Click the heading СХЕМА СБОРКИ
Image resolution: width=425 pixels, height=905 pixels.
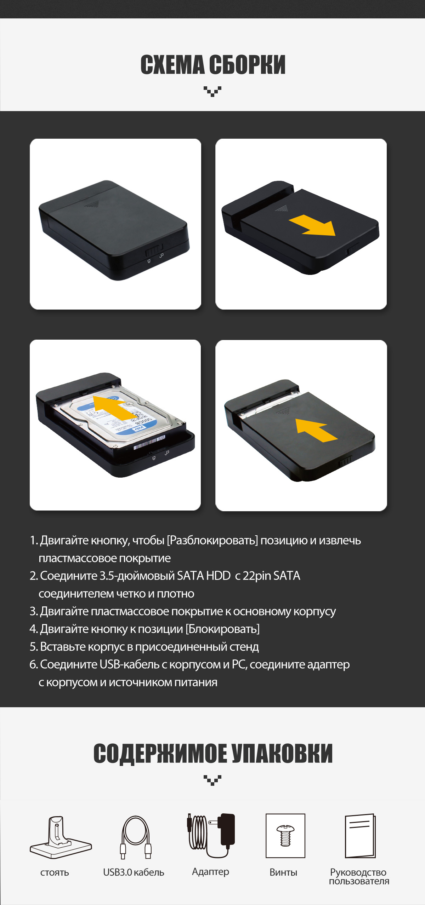[213, 65]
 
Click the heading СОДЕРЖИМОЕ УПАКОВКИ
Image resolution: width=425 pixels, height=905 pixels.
[213, 753]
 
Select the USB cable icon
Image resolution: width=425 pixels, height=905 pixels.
[135, 837]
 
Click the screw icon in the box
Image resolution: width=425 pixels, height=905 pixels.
[285, 836]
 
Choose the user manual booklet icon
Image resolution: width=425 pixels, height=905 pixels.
[360, 836]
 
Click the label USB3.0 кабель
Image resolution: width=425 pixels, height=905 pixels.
[134, 872]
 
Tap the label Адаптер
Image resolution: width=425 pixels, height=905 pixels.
[210, 872]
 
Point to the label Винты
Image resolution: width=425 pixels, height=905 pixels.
[283, 872]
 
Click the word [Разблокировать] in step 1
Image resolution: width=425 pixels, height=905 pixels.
[212, 540]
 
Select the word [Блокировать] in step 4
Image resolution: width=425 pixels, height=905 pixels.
[222, 629]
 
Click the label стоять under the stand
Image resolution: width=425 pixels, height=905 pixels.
[55, 873]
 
